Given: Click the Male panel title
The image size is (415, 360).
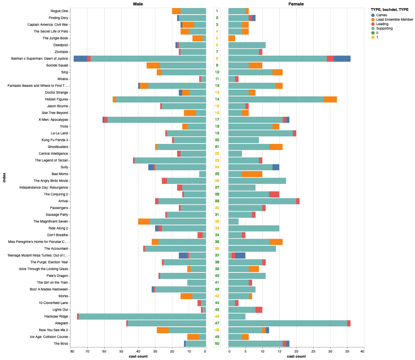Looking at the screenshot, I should click(x=138, y=4).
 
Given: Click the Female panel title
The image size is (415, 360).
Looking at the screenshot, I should click(x=296, y=4).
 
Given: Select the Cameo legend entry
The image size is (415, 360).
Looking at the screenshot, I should click(x=382, y=15).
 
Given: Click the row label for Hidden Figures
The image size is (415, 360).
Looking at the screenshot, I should click(x=56, y=99).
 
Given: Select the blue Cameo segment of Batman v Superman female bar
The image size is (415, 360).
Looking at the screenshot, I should click(x=342, y=58).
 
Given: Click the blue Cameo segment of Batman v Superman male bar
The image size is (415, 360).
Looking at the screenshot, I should click(x=80, y=58).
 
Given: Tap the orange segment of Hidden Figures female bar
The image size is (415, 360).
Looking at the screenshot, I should click(x=330, y=99).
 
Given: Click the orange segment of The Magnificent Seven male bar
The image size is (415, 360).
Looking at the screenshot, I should click(x=144, y=221).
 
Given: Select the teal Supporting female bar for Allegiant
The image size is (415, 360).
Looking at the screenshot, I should click(x=288, y=323).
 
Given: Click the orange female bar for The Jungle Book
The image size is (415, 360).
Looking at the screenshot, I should click(x=232, y=38).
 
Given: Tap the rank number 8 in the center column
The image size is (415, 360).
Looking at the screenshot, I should click(x=217, y=58).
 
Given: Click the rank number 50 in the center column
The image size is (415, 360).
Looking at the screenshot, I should click(x=217, y=343).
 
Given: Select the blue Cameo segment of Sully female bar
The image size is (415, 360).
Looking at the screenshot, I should click(x=276, y=167).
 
